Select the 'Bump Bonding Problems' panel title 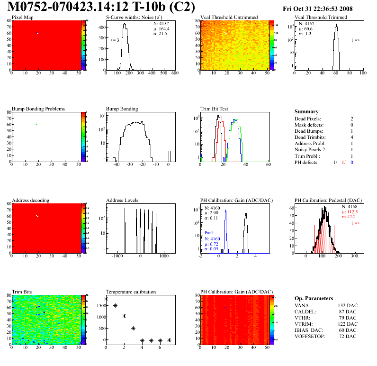(38, 109)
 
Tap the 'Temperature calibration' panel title (131, 292)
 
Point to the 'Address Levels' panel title (122, 200)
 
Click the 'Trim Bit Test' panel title (215, 109)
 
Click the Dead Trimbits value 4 (351, 137)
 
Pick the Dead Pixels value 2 (351, 119)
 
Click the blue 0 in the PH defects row (352, 162)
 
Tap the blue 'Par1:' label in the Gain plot (210, 233)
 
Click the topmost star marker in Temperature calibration (106, 299)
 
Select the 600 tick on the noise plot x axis (174, 73)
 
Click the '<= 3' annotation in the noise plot (114, 40)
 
